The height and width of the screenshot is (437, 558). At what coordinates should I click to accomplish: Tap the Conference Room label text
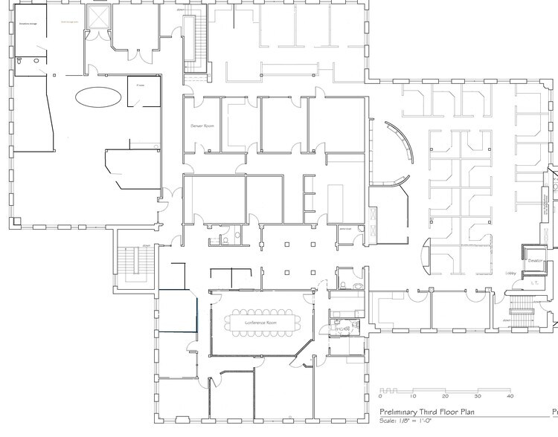click(x=261, y=323)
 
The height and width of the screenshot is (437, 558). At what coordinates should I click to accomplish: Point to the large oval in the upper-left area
click(x=98, y=97)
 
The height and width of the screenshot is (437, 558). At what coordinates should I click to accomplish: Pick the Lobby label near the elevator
click(x=511, y=274)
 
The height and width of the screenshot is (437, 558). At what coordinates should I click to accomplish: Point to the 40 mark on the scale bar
click(x=510, y=396)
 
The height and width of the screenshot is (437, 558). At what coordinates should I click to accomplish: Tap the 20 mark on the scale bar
click(x=445, y=396)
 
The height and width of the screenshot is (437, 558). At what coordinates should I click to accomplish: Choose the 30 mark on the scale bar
click(x=478, y=396)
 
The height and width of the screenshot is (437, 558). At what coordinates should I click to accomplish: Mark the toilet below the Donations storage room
click(x=36, y=59)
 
